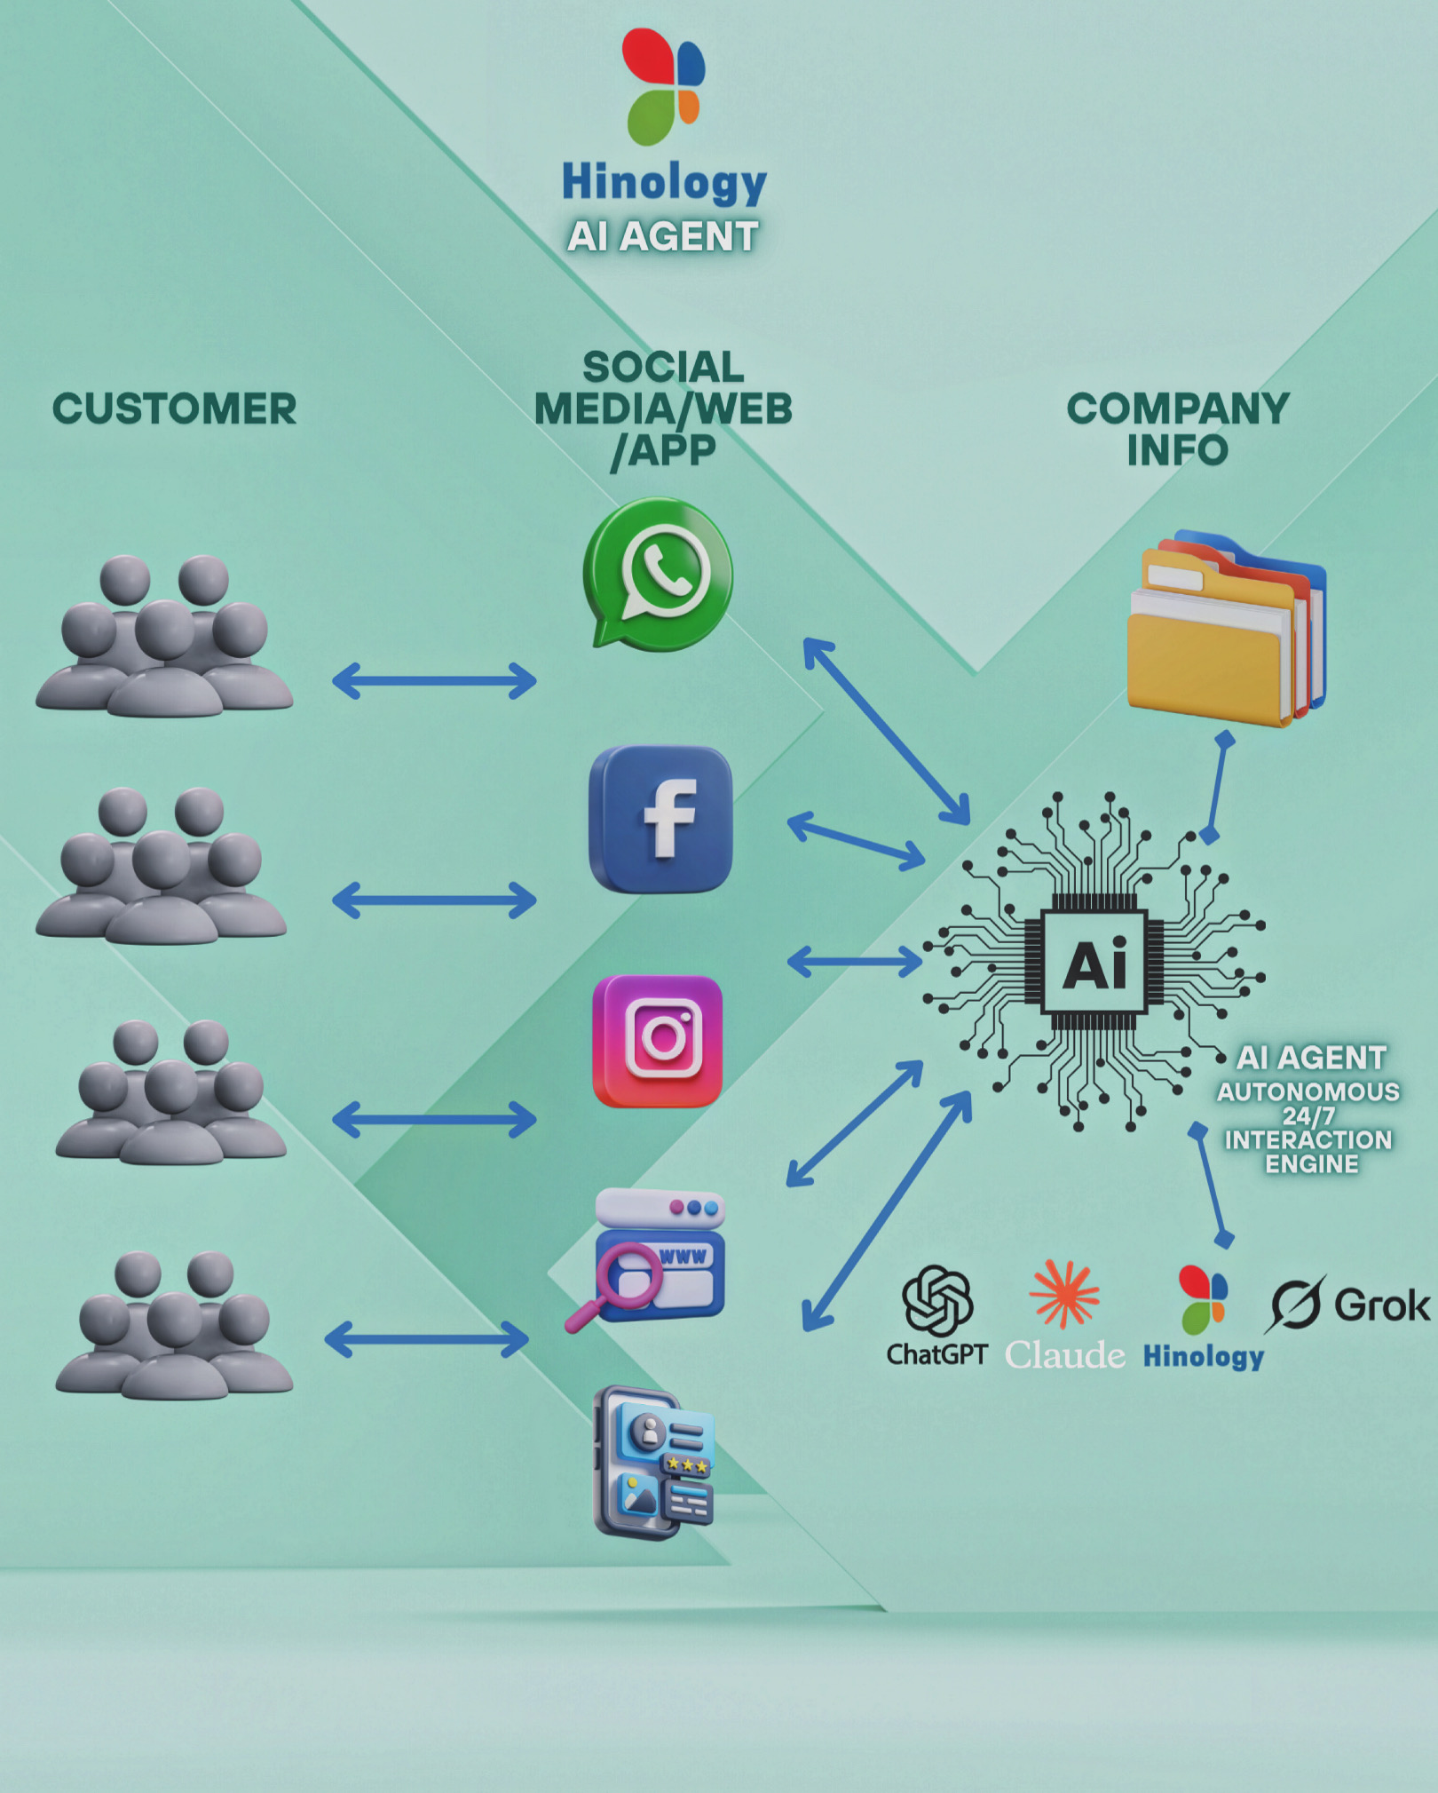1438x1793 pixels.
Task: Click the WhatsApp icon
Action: (x=659, y=572)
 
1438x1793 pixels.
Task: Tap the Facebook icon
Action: (x=660, y=819)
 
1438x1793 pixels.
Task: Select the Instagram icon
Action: (x=658, y=1041)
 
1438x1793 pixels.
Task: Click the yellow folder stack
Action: (x=1225, y=631)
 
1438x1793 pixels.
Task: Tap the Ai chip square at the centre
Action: (x=1094, y=962)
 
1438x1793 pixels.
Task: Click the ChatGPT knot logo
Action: (x=937, y=1301)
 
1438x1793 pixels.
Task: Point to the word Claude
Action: (x=1065, y=1355)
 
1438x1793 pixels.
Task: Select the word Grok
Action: (x=1382, y=1305)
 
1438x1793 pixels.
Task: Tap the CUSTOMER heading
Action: (x=174, y=409)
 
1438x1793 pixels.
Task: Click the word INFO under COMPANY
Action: (x=1177, y=450)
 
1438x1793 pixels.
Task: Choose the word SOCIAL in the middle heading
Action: (x=663, y=367)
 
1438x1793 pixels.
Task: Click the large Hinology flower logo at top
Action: (x=663, y=86)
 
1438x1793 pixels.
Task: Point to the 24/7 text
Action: (x=1308, y=1115)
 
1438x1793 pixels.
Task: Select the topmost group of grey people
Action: (x=164, y=636)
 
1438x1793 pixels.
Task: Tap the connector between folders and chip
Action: (x=1217, y=788)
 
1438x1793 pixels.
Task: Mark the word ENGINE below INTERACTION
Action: (x=1311, y=1164)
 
